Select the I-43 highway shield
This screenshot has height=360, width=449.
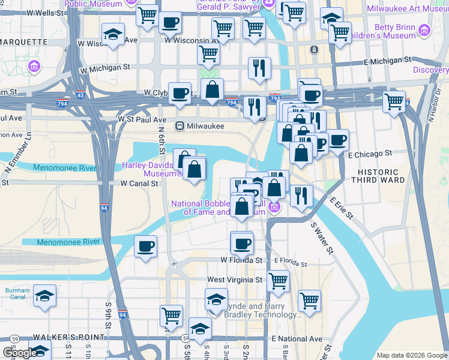tap(80, 95)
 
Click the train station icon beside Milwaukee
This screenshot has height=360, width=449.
tap(179, 126)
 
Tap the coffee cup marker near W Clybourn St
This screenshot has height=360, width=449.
tap(179, 93)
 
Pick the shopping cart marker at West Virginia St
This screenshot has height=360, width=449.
tap(278, 280)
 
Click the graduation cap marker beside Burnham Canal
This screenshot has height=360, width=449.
tap(45, 296)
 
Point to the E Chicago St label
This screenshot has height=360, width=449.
tap(370, 154)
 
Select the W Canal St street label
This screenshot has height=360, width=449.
tap(139, 183)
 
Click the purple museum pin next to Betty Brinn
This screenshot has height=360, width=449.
tap(425, 30)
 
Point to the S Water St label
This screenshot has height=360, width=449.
tap(321, 237)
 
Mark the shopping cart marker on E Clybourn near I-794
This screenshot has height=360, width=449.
tap(394, 102)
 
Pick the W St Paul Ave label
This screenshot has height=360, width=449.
tap(142, 119)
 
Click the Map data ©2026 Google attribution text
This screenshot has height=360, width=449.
tap(411, 355)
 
